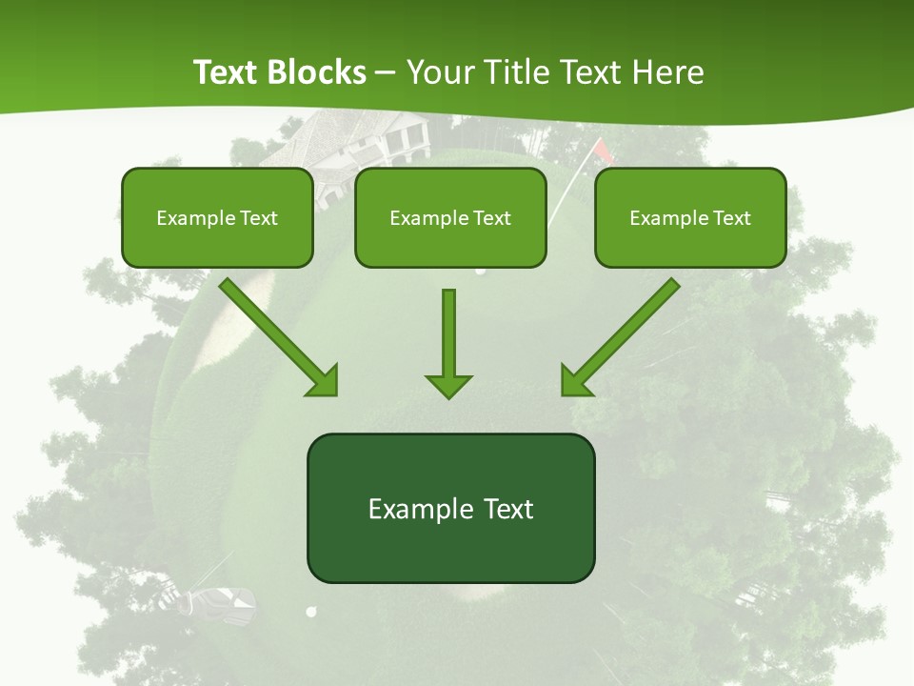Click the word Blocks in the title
(316, 72)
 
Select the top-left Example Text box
(217, 217)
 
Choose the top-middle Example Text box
(450, 217)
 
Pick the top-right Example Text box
(690, 217)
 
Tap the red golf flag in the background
(602, 149)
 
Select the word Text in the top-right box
(731, 217)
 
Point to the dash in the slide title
(387, 72)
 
